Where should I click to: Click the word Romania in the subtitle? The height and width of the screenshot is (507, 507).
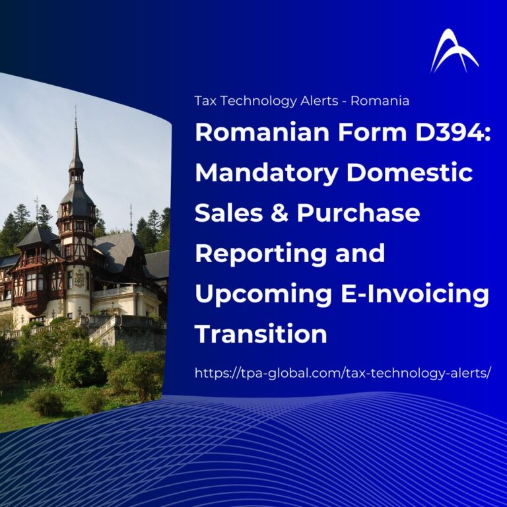pyautogui.click(x=380, y=101)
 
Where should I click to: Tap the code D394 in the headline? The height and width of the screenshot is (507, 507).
pyautogui.click(x=453, y=133)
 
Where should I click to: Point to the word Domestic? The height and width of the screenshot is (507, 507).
pyautogui.click(x=410, y=173)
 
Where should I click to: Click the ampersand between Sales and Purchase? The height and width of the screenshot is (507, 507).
pyautogui.click(x=279, y=213)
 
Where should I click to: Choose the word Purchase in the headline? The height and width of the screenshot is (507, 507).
pyautogui.click(x=358, y=213)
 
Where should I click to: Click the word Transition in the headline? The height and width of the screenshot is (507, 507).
pyautogui.click(x=261, y=333)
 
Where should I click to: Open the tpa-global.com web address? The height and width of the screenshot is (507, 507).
pyautogui.click(x=343, y=373)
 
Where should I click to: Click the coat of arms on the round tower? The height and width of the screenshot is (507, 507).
pyautogui.click(x=79, y=279)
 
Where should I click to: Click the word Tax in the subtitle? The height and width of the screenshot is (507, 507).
pyautogui.click(x=207, y=101)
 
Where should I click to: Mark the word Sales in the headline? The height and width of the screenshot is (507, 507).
pyautogui.click(x=228, y=213)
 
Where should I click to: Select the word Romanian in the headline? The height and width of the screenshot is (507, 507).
pyautogui.click(x=262, y=133)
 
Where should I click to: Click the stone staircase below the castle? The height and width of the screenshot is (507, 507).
pyautogui.click(x=104, y=330)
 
